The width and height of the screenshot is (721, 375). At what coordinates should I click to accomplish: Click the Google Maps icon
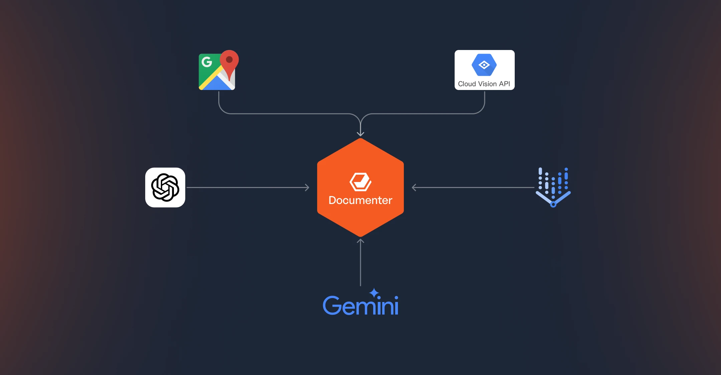(218, 71)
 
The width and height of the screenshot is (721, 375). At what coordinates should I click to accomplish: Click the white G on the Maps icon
(207, 62)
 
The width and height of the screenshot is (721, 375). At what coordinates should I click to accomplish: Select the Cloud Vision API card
(484, 70)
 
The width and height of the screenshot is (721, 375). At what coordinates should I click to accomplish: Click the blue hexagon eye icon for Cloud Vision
(484, 65)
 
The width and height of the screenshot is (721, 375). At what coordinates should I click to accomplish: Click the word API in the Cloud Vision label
(504, 84)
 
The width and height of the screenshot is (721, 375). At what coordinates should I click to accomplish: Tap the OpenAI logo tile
(165, 187)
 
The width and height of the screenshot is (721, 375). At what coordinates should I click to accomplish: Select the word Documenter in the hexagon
(360, 200)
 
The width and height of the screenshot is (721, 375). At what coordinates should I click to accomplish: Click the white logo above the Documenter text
(360, 182)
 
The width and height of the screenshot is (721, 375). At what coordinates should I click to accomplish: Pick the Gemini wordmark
(360, 305)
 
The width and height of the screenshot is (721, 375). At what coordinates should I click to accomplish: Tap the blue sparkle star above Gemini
(374, 293)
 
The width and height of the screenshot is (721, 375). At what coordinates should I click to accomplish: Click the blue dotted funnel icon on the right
(553, 187)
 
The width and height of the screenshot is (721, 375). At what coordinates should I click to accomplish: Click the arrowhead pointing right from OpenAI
(307, 188)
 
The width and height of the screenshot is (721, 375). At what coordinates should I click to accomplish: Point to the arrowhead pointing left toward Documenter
(414, 188)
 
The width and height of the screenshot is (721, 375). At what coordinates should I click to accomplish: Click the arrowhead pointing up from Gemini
(360, 241)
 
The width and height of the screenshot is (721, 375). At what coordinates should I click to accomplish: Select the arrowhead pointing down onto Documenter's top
(360, 134)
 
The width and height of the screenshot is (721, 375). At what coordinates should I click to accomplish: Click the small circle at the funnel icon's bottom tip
(553, 205)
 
